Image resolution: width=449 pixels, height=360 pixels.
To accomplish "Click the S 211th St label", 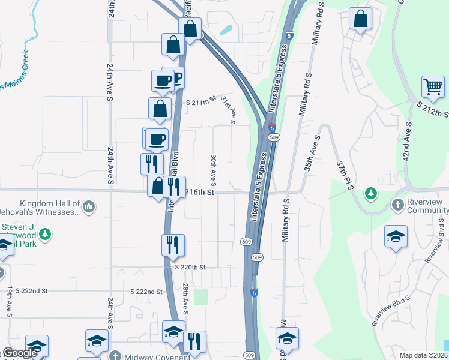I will pyautogui.click(x=200, y=103).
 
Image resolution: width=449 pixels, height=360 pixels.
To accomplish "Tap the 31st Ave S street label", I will pyautogui.click(x=228, y=109).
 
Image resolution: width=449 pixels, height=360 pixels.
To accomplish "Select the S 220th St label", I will pyautogui.click(x=190, y=267).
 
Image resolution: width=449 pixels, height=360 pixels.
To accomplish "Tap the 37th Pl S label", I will pyautogui.click(x=343, y=175).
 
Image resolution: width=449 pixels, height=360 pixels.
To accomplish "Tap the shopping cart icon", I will pyautogui.click(x=433, y=87).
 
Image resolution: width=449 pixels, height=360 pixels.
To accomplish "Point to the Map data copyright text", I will pyautogui.click(x=415, y=355).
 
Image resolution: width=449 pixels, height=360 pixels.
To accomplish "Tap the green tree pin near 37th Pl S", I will pyautogui.click(x=371, y=193).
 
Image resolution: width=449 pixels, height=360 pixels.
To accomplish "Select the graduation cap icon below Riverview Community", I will pyautogui.click(x=396, y=236).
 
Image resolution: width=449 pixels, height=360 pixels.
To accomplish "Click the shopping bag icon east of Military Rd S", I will pyautogui.click(x=360, y=19).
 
